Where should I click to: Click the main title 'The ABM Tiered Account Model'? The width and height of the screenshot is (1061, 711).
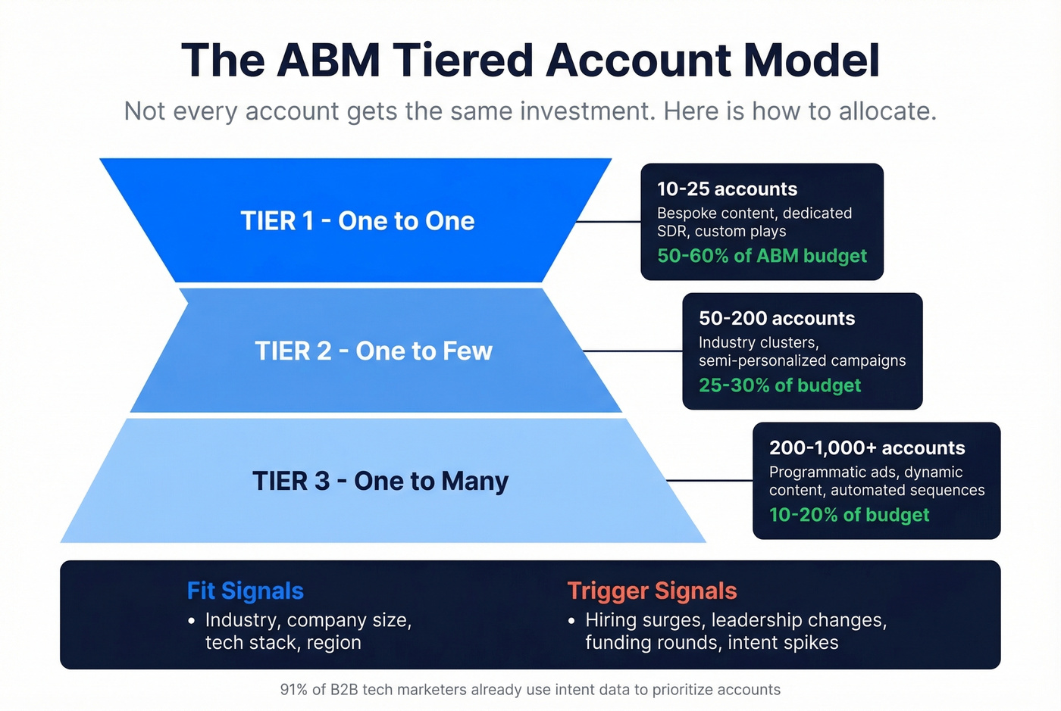point(530,60)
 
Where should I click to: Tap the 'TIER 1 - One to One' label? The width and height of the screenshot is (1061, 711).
point(358,221)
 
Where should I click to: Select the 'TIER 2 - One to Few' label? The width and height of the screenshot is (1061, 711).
point(374,351)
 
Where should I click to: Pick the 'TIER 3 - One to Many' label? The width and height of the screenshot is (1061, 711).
point(380,482)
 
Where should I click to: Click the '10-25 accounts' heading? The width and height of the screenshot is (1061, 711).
point(727,189)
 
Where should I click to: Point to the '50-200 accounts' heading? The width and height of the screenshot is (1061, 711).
point(777,319)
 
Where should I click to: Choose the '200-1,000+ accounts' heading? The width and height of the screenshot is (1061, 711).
point(867,448)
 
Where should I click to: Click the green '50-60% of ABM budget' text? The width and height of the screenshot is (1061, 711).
point(762,256)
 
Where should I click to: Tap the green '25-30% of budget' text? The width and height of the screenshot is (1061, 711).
point(780,385)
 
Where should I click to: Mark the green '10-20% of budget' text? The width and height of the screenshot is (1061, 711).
point(849,515)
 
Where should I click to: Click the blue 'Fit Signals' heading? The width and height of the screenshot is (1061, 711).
point(245,591)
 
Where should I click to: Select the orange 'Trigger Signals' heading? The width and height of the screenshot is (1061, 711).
point(652,591)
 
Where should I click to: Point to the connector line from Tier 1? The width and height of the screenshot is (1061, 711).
point(608,222)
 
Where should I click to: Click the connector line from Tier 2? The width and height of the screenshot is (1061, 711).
point(632,351)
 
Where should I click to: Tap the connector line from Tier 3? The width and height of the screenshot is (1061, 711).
point(709,481)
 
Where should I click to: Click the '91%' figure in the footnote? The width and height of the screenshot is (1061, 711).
point(294,690)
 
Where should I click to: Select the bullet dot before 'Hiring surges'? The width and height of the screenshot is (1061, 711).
point(571,621)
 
